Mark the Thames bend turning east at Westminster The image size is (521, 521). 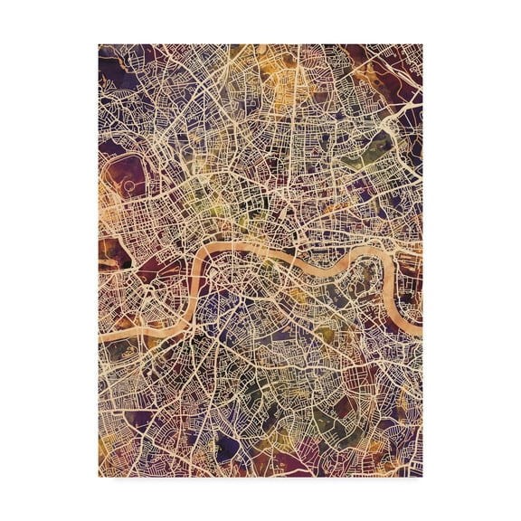[200, 258]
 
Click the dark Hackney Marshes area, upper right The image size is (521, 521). [398, 72]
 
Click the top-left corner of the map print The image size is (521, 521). [99, 43]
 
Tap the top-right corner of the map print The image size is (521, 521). [422, 43]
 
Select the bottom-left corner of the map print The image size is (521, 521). [99, 477]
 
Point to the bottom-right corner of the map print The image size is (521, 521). [422, 477]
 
